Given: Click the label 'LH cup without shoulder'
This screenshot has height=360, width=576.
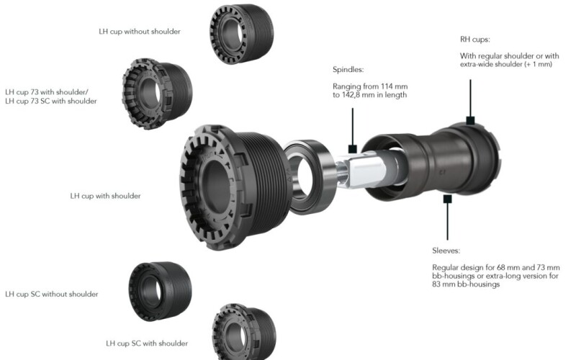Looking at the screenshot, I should tap(139, 32).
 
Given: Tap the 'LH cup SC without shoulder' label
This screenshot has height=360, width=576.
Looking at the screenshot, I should tap(52, 294).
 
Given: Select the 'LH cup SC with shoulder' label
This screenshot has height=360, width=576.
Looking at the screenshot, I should tap(147, 343).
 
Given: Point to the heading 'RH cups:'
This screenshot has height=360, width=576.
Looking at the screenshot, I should tap(475, 39).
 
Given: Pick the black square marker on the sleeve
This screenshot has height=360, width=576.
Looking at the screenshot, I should tap(447, 196).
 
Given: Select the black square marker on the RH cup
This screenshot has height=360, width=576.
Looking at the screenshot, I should tap(470, 120).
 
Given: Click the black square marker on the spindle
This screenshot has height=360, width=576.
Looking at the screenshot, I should tap(353, 149).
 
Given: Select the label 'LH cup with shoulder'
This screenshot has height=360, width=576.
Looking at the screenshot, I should tap(105, 196).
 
